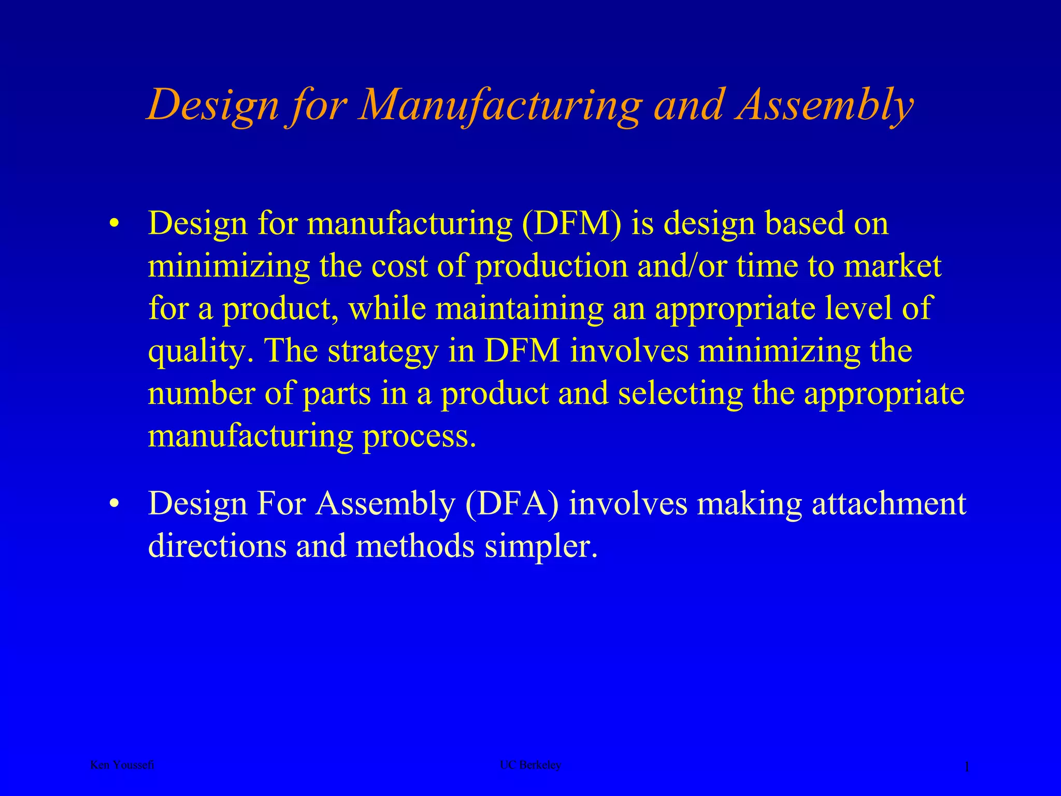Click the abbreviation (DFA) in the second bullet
pyautogui.click(x=512, y=503)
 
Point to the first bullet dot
pyautogui.click(x=114, y=224)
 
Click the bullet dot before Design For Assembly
pyautogui.click(x=114, y=504)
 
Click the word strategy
pyautogui.click(x=383, y=351)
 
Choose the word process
pyautogui.click(x=419, y=436)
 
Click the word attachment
pyautogui.click(x=888, y=503)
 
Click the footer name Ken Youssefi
pyautogui.click(x=122, y=765)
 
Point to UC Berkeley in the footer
pyautogui.click(x=530, y=765)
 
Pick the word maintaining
pyautogui.click(x=520, y=308)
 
